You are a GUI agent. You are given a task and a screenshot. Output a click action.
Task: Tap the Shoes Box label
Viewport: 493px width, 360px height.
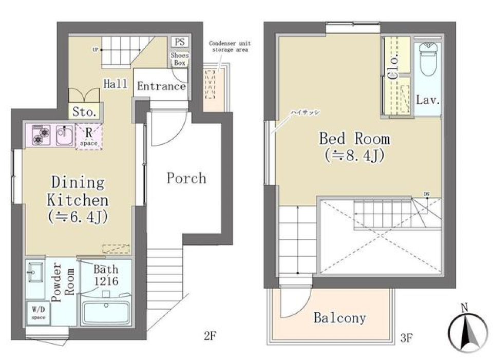click(x=179, y=59)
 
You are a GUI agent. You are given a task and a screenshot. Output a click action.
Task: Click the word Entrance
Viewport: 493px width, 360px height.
click(x=161, y=86)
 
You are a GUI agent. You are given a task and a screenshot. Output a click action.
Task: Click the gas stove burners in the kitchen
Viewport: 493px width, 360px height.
click(x=41, y=136)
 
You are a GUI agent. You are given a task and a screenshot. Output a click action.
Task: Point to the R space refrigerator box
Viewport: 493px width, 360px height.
click(x=89, y=137)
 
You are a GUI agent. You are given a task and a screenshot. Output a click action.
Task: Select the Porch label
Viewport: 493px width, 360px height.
click(x=186, y=178)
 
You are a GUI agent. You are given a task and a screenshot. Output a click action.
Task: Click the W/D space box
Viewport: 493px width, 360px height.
click(x=38, y=313)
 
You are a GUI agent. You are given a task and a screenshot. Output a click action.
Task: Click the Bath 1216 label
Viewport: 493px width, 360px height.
click(x=106, y=275)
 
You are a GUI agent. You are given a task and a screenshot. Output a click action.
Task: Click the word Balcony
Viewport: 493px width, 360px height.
click(x=340, y=318)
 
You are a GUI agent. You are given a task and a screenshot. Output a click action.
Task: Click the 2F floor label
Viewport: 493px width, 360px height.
click(x=210, y=337)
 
